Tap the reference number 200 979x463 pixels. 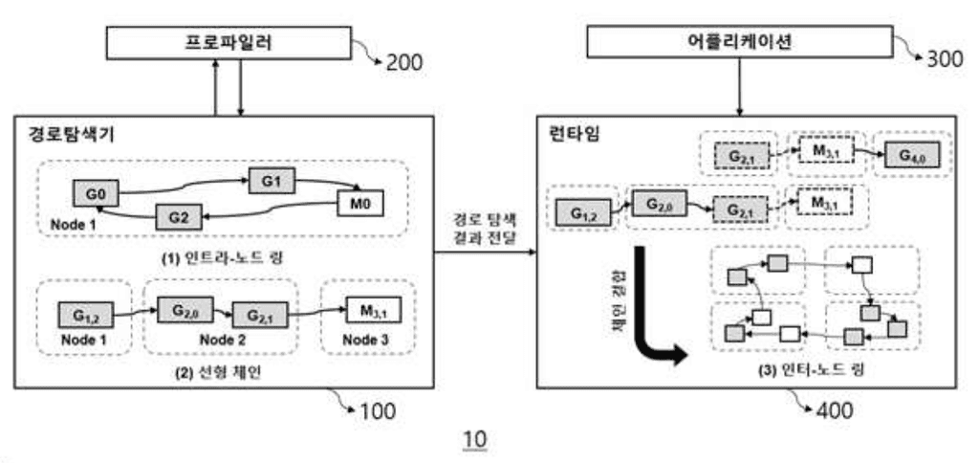[x=403, y=64]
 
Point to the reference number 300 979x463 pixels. [x=946, y=59]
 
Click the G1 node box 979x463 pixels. [x=272, y=178]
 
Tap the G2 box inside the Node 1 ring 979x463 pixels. [x=178, y=218]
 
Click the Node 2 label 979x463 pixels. [x=216, y=339]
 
